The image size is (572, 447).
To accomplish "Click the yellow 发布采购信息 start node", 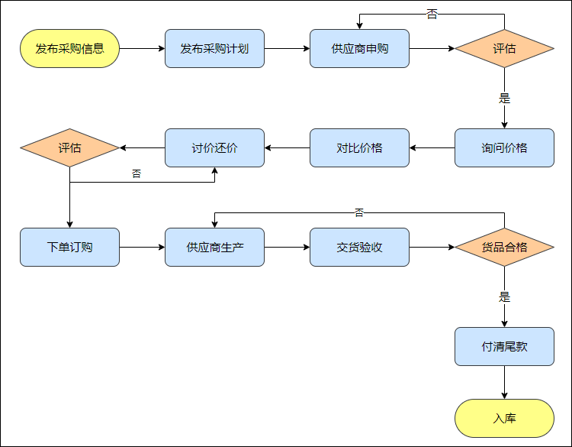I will [x=69, y=49].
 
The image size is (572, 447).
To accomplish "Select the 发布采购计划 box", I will [x=214, y=49].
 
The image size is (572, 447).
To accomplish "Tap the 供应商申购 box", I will [x=359, y=49].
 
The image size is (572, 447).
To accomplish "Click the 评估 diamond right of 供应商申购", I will [x=504, y=49].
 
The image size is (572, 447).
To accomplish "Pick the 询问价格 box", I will [x=504, y=148].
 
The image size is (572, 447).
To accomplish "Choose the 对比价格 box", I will [x=359, y=148].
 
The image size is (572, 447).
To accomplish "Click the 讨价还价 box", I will [x=214, y=148].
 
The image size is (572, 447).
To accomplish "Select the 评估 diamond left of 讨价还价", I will [x=69, y=148].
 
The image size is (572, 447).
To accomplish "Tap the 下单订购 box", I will [x=69, y=247].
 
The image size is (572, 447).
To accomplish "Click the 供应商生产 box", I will [x=214, y=247].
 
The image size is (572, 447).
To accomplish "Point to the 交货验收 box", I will [x=359, y=247].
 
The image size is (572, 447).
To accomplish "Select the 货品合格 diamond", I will [x=504, y=247].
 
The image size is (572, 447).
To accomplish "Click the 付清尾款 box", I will [x=504, y=346].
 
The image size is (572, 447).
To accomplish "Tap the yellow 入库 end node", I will [x=504, y=419].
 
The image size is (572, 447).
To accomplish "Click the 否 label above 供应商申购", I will [x=432, y=14].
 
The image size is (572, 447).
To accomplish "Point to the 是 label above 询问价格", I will [x=504, y=99].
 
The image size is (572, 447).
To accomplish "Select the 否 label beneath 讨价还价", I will [x=137, y=174].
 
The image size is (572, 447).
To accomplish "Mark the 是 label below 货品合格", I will [x=504, y=296].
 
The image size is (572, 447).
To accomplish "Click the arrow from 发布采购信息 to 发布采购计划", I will [x=142, y=49].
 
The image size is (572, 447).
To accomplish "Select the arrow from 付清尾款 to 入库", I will [x=504, y=382].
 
